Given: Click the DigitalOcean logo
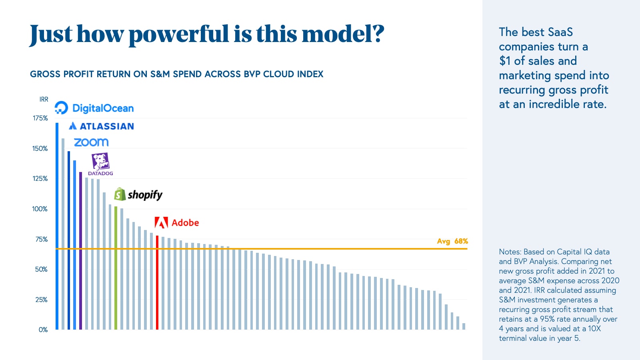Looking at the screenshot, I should point(94,108).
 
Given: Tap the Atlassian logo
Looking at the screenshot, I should point(101,126).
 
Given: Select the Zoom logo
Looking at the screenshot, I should point(91,142).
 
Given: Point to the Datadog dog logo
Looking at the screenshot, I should point(100,162).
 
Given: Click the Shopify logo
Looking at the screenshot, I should point(138,195).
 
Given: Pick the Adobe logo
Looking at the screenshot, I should point(177,223).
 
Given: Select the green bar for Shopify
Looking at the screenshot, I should point(116,268).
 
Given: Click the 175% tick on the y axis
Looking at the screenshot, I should point(40,118).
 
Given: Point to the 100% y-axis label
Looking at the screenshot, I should point(40,209).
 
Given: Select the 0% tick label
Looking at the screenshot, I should point(43,330).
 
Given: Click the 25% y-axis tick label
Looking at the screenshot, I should point(41,300).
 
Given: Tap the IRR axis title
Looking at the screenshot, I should point(44,100).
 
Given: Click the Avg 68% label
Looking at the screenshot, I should point(452,241).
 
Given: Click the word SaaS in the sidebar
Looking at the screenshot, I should point(560,32).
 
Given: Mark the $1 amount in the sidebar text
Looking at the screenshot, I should point(505,61).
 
